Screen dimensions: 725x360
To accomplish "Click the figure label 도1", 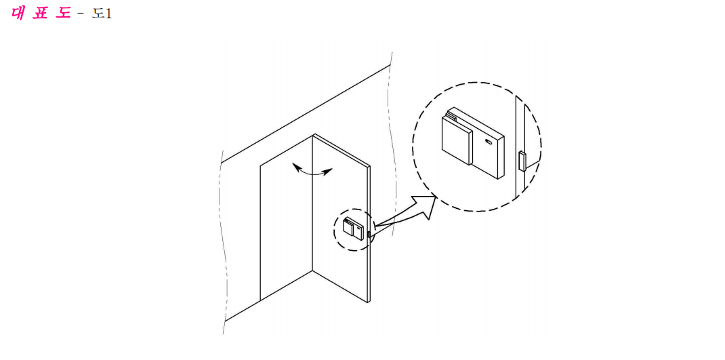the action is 102,13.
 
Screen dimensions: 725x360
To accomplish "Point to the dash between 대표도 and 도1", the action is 81,14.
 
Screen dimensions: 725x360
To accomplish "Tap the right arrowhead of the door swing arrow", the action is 328,172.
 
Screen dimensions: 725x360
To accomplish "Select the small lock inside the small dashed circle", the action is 352,228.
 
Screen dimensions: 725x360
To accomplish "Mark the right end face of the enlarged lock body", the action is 500,157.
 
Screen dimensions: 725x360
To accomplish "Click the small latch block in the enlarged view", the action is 522,161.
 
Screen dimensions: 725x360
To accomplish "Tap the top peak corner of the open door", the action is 314,134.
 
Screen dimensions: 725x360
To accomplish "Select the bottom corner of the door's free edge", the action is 368,302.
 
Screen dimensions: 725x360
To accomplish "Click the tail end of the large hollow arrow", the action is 375,226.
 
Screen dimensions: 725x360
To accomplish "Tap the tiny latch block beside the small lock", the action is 369,235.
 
